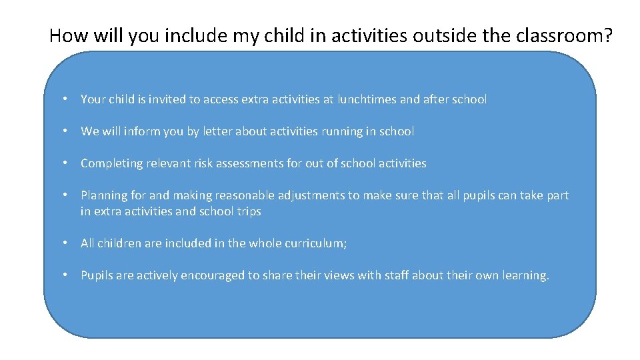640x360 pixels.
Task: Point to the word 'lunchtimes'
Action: coord(367,99)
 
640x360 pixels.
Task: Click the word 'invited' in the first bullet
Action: coord(167,99)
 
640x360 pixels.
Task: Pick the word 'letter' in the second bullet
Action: coord(219,131)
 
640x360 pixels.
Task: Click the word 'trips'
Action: coord(249,211)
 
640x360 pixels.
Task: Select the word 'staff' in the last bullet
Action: coord(397,275)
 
